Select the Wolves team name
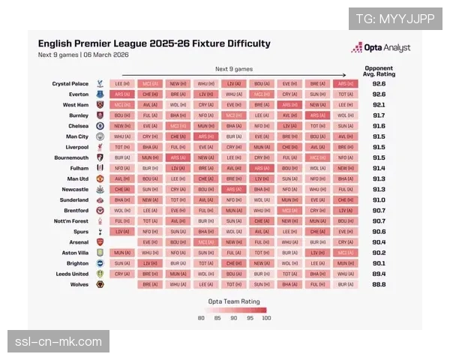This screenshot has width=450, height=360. coord(79,285)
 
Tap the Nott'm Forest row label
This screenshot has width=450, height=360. coord(72,221)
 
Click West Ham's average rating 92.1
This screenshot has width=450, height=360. coord(378,105)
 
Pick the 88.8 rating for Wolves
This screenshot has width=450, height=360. coord(378,285)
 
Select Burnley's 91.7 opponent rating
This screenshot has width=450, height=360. coord(378,115)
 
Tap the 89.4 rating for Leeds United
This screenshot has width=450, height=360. coord(378,274)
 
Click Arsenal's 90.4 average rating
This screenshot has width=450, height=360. coord(378,243)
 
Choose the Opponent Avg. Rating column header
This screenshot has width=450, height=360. coord(379,71)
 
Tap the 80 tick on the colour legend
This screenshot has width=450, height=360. coord(201,317)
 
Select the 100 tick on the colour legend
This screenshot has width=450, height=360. coord(265,317)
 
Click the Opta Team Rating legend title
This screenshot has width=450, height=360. coord(232,300)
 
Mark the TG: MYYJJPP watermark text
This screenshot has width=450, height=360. coord(395,19)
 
